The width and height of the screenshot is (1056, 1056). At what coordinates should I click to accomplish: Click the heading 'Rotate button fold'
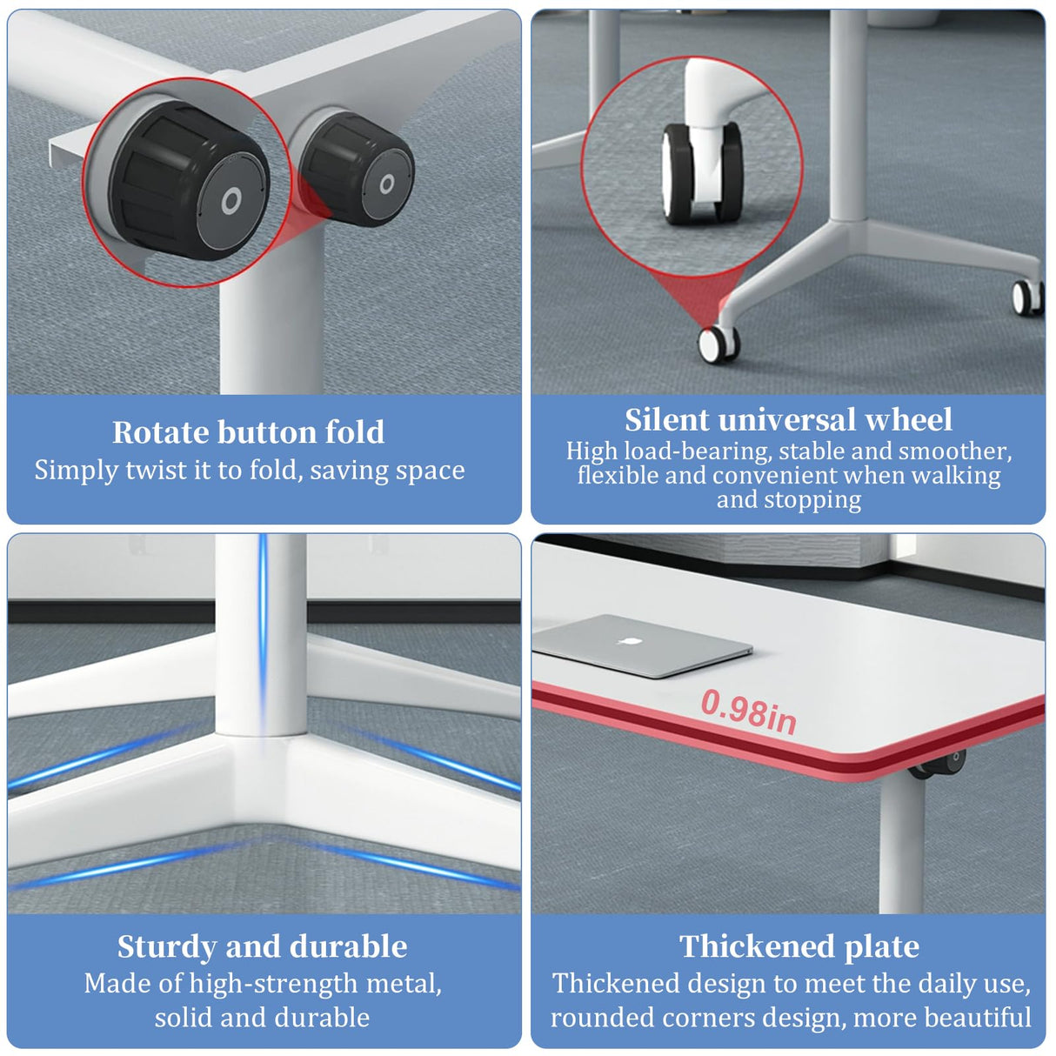tap(248, 432)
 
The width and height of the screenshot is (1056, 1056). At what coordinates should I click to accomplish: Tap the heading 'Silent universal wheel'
tap(788, 420)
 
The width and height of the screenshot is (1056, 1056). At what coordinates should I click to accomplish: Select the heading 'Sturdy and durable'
tap(262, 946)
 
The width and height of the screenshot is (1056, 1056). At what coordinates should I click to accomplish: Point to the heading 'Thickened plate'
tap(799, 946)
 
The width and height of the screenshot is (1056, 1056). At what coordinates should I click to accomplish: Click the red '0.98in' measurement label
tap(748, 711)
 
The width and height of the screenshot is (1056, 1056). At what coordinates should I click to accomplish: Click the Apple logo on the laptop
tap(623, 642)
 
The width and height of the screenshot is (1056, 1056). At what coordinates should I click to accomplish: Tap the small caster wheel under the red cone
tap(719, 344)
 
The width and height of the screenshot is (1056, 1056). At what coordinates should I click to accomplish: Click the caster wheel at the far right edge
tap(1027, 297)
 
